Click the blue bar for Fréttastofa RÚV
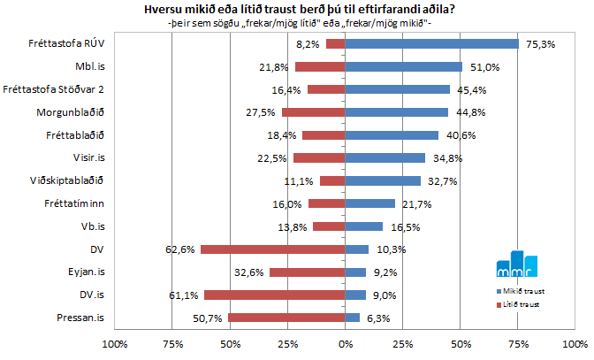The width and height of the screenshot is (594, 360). (x=431, y=43)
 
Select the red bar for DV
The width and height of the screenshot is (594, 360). (x=272, y=249)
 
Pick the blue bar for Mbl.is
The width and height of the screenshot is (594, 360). (x=403, y=66)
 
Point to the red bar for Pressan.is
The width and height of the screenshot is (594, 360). (x=286, y=318)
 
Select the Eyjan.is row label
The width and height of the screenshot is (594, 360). (x=86, y=272)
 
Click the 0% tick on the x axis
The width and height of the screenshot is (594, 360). (x=346, y=343)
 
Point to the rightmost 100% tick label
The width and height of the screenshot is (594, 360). (x=575, y=343)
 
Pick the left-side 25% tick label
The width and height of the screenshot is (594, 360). (x=287, y=343)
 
